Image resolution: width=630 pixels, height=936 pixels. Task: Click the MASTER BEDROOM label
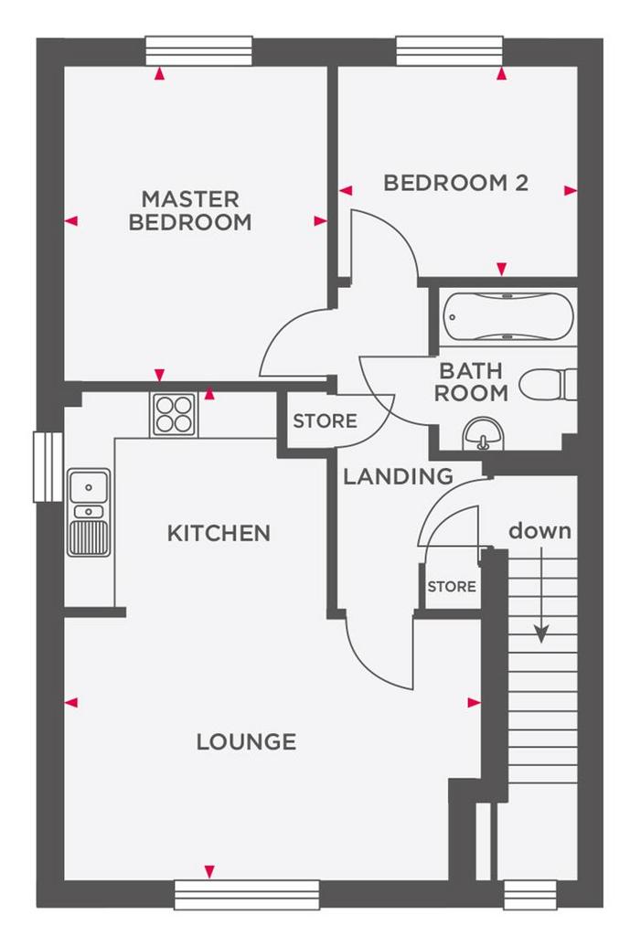[x=190, y=210]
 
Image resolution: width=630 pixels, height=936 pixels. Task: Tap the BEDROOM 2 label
[x=456, y=183]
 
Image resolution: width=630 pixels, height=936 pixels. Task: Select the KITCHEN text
[x=219, y=533]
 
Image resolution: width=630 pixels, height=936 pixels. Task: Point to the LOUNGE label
[x=246, y=742]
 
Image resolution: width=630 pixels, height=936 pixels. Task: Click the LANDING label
[x=399, y=476]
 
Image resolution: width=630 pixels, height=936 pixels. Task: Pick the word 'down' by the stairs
[x=539, y=530]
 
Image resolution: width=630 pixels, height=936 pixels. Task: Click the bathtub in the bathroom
[x=508, y=316]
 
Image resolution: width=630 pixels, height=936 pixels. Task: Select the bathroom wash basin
[x=484, y=433]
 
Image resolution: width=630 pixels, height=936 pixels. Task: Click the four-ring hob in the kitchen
[x=174, y=415]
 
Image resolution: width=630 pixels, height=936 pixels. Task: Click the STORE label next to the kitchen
[x=325, y=420]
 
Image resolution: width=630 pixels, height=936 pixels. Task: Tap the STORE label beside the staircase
[x=452, y=587]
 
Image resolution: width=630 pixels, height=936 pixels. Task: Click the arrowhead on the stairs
[x=541, y=634]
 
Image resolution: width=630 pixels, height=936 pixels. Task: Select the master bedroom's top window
[x=198, y=51]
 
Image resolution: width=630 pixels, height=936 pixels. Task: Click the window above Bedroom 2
[x=449, y=51]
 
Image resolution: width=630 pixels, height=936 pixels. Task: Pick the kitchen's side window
[x=48, y=467]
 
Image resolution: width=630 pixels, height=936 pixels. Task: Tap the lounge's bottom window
[x=247, y=896]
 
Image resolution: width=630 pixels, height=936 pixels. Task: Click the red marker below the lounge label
[x=209, y=872]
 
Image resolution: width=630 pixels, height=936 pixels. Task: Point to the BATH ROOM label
[x=471, y=382]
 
